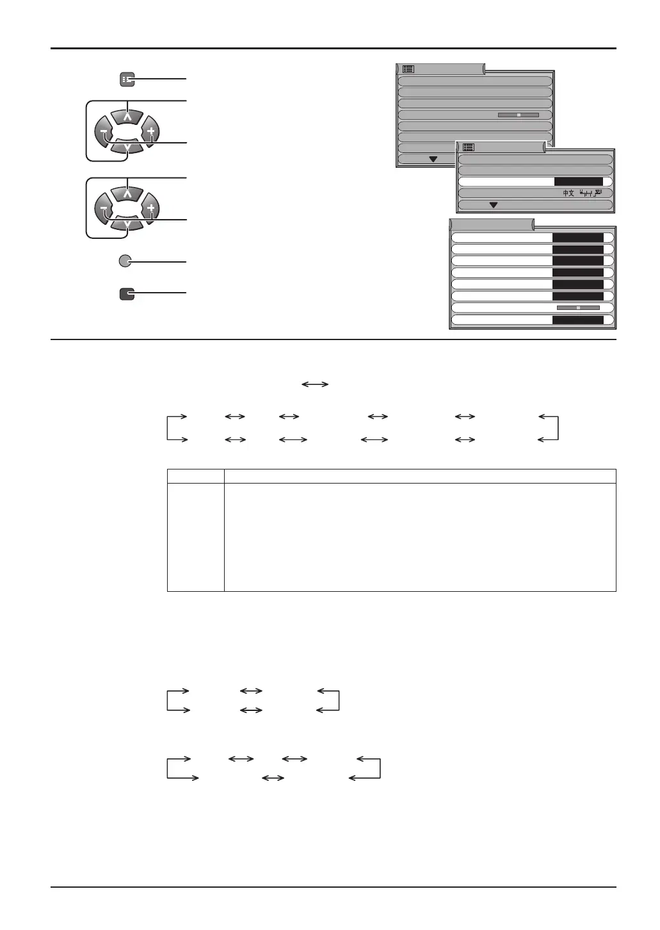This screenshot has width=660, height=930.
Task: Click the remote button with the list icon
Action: click(x=127, y=79)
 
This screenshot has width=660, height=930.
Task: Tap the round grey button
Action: click(x=127, y=261)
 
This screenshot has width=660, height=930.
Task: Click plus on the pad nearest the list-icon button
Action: click(x=151, y=132)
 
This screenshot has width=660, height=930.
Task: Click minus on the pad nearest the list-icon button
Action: click(x=103, y=133)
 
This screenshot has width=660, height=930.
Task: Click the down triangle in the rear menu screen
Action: click(x=433, y=159)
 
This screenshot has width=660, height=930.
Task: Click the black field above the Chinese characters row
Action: click(x=578, y=182)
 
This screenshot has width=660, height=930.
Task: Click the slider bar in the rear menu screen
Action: click(x=518, y=115)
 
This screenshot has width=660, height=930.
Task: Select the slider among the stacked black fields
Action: click(x=577, y=307)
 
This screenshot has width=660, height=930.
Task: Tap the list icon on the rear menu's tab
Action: click(x=408, y=69)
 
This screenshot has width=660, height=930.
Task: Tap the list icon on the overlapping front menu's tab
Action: click(x=468, y=147)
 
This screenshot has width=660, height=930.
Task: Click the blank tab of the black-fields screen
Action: click(x=492, y=224)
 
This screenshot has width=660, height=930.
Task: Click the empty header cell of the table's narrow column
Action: click(x=195, y=476)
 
